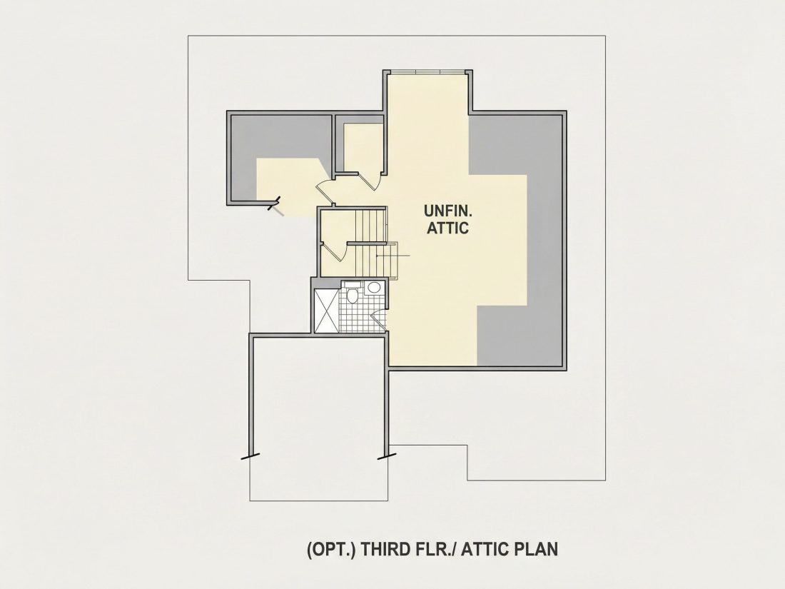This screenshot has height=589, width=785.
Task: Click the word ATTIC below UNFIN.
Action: tap(447, 228)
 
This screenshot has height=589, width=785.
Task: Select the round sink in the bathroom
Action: tap(373, 288)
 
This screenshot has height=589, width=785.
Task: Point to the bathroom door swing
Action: tap(379, 321)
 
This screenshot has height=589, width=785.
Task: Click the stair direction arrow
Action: tap(393, 256)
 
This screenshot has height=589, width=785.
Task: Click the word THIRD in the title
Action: tap(386, 550)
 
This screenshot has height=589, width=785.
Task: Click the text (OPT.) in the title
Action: tap(331, 550)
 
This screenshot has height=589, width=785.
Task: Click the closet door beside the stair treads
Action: tap(335, 251)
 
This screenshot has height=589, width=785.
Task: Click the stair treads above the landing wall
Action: tap(370, 226)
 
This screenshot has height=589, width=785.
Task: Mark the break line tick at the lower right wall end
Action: tap(387, 455)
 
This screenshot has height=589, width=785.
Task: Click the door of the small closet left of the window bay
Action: tap(370, 181)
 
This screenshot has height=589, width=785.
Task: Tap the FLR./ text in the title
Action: tap(436, 550)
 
